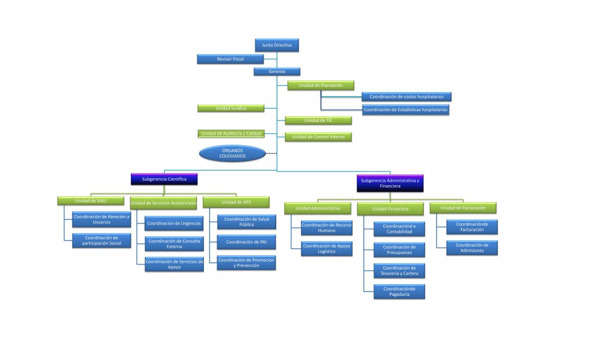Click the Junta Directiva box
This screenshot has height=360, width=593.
pyautogui.click(x=277, y=45)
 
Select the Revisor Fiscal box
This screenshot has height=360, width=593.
pyautogui.click(x=230, y=59)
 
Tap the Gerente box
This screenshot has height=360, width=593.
pyautogui.click(x=277, y=71)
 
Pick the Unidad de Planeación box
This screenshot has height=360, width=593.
pyautogui.click(x=321, y=86)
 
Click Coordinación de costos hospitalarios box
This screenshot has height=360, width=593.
pyautogui.click(x=407, y=97)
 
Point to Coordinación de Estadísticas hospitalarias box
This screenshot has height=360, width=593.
pyautogui.click(x=405, y=109)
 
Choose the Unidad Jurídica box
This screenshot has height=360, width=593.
pyautogui.click(x=230, y=109)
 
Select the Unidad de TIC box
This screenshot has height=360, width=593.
pyautogui.click(x=319, y=120)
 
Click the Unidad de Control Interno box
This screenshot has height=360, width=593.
pyautogui.click(x=319, y=137)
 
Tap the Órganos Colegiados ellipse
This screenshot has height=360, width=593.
pyautogui.click(x=232, y=153)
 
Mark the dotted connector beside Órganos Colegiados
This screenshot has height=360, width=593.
pyautogui.click(x=271, y=153)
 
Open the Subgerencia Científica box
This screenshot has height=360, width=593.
pyautogui.click(x=164, y=179)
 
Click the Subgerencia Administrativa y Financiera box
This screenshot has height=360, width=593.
pyautogui.click(x=390, y=183)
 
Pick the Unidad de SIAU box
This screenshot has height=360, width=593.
pyautogui.click(x=91, y=201)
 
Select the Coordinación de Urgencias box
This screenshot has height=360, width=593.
pyautogui.click(x=174, y=223)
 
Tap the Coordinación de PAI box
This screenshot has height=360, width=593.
pyautogui.click(x=246, y=242)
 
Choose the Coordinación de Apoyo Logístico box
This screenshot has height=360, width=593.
pyautogui.click(x=327, y=249)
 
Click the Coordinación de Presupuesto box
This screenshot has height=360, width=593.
pyautogui.click(x=400, y=250)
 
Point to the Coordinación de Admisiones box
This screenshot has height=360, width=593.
pyautogui.click(x=472, y=248)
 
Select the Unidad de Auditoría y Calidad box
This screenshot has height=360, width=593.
pyautogui.click(x=231, y=134)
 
